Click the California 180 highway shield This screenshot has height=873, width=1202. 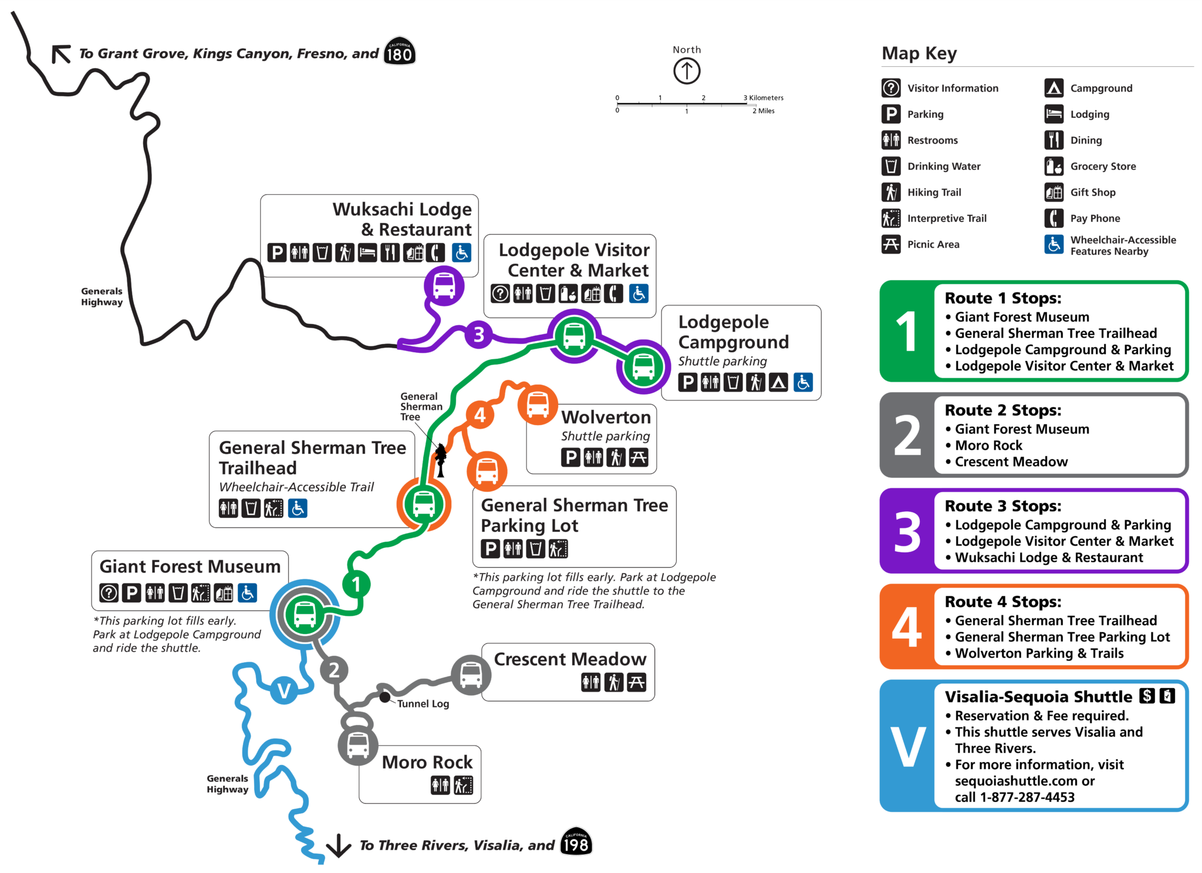[400, 52]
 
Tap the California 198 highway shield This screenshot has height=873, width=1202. [576, 842]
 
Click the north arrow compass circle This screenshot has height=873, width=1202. [687, 72]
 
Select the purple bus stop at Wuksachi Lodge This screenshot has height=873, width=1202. [444, 286]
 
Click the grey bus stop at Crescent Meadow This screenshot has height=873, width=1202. [471, 675]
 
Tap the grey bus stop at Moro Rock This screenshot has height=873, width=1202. [358, 746]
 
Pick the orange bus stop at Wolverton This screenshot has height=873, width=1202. [538, 405]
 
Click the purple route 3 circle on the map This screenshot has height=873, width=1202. [479, 334]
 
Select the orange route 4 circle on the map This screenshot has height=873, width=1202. [480, 415]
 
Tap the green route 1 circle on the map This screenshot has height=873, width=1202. [356, 585]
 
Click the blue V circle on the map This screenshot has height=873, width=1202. [284, 690]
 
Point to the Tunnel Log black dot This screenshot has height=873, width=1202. [384, 697]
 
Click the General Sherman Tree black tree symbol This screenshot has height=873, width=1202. [440, 459]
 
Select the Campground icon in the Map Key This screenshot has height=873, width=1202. [1054, 88]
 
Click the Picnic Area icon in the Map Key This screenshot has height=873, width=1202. [891, 244]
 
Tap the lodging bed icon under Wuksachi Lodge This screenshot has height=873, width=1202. [367, 253]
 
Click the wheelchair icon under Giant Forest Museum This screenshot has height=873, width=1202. [248, 593]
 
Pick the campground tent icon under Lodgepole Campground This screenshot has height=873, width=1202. [778, 383]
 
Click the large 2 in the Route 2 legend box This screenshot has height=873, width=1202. [907, 435]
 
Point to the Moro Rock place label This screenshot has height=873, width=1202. [427, 762]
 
